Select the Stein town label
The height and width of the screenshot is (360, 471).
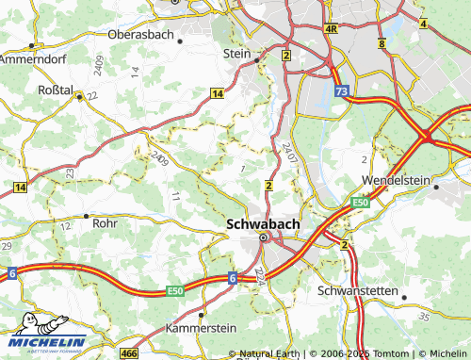pos(237,54)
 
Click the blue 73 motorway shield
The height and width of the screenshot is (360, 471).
pos(341,90)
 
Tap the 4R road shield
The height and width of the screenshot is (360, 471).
pos(331,29)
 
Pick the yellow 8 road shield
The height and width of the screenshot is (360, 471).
pos(381,44)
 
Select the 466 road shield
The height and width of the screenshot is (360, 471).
pos(129,352)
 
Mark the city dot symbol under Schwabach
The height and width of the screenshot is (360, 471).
pos(264,238)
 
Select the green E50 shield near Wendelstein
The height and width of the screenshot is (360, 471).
pos(361,202)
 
